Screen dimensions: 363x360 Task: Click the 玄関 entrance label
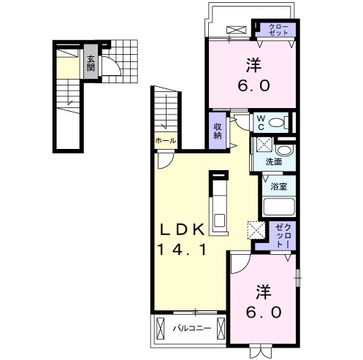91,64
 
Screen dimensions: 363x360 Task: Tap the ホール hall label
165,141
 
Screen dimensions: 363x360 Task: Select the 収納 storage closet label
218,131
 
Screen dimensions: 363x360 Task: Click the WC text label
261,123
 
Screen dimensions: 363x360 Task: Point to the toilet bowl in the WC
277,122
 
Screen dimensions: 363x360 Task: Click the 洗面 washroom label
274,161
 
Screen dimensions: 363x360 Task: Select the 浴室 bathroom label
279,187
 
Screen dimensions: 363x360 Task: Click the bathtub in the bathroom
279,207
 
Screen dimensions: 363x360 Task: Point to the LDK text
182,230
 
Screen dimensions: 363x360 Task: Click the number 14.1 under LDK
182,250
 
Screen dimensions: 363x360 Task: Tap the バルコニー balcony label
192,329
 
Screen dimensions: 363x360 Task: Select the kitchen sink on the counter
219,221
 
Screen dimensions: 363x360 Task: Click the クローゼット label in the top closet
279,30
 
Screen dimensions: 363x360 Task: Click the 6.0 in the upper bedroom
253,86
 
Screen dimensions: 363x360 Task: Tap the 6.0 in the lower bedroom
264,313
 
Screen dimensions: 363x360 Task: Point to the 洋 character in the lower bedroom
264,292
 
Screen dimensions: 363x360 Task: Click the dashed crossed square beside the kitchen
256,231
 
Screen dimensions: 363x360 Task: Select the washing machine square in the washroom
264,145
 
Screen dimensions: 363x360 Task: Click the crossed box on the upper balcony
236,30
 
